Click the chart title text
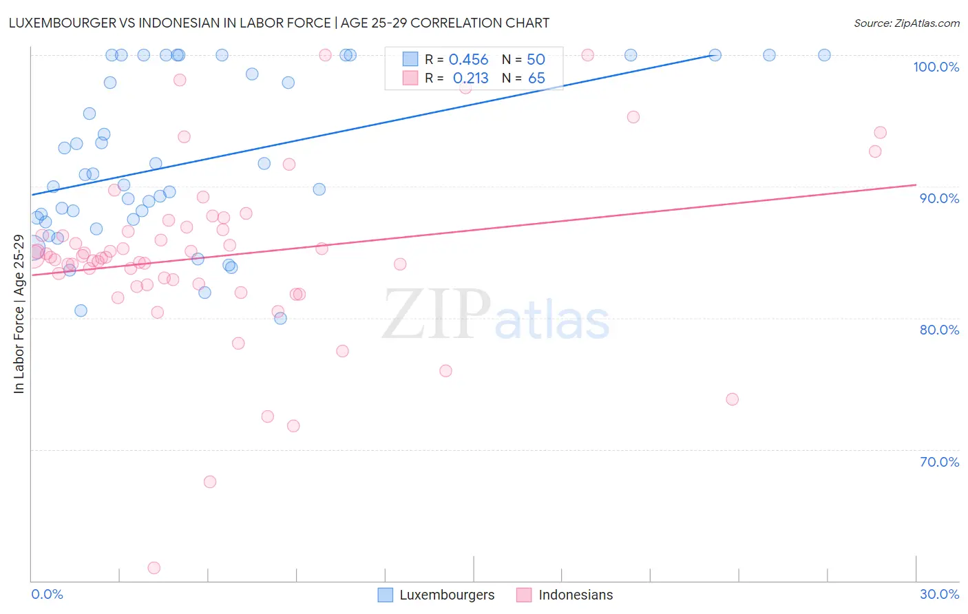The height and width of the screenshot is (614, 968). [279, 23]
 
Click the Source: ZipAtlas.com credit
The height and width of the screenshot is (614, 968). [906, 23]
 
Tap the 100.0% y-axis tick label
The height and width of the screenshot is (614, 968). [936, 67]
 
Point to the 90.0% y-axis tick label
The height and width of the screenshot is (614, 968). [939, 198]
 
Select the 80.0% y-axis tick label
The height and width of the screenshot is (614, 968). [939, 330]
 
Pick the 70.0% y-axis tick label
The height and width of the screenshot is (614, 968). [939, 462]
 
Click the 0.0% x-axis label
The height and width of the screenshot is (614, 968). [47, 594]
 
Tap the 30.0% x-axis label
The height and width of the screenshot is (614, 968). [939, 594]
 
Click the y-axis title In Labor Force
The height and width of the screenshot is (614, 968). [19, 314]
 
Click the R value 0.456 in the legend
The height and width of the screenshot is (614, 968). [468, 60]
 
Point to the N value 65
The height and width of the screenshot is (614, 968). [536, 78]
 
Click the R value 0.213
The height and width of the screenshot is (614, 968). [470, 78]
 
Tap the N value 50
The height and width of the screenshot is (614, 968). [536, 60]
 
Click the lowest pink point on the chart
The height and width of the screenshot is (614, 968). [154, 568]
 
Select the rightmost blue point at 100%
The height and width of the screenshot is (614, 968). [824, 55]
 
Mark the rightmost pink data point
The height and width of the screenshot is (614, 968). [880, 133]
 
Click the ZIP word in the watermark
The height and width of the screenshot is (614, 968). [436, 315]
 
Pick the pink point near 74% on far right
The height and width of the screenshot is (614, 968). [732, 399]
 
